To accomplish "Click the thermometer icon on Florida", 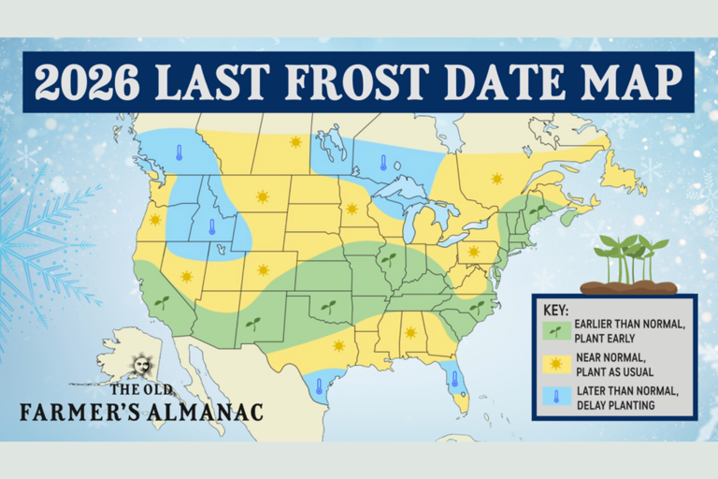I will [455, 380].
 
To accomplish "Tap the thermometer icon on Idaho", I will [212, 225].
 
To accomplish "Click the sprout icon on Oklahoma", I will [328, 306].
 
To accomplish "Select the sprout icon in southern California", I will [162, 303].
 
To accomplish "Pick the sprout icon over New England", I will [537, 211].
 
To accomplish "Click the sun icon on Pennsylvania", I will [473, 251].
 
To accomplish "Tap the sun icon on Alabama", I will [409, 332].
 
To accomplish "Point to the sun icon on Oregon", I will [155, 220].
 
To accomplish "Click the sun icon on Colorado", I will [264, 269].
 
